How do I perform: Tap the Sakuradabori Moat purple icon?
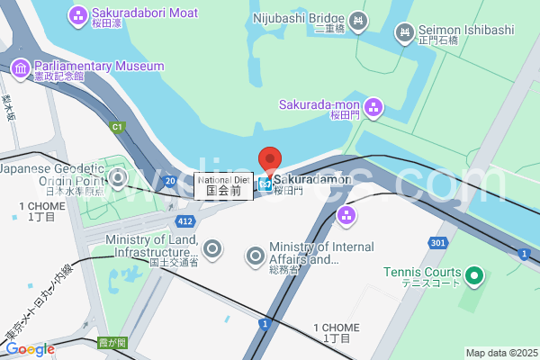[x=77, y=15]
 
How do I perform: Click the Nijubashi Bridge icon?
[x=358, y=20]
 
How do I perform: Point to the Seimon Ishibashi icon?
[x=404, y=32]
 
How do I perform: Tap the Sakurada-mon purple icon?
[x=373, y=109]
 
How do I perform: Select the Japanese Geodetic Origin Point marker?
[x=118, y=176]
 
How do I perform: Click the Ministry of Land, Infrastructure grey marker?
[x=212, y=249]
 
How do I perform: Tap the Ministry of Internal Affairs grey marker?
[x=256, y=256]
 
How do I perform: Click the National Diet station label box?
[x=223, y=185]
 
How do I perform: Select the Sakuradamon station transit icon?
[x=265, y=184]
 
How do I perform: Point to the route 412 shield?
[x=185, y=220]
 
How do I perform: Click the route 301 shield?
[x=437, y=243]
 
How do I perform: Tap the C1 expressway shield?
[x=116, y=127]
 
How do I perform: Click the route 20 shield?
[x=170, y=181]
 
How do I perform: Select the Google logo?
[x=30, y=349]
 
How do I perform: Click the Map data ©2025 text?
[x=500, y=353]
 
